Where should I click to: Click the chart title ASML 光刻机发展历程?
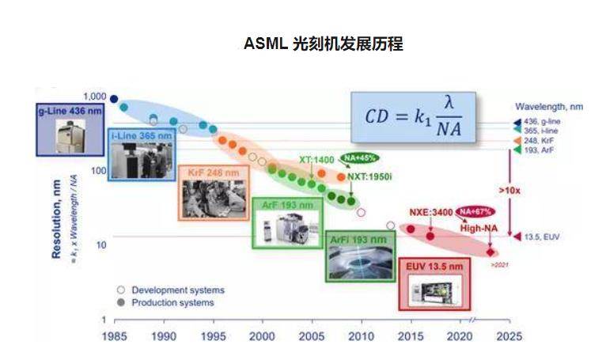324,44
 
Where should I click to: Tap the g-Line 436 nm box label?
70,112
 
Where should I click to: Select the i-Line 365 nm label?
139,135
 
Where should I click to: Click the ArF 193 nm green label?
288,205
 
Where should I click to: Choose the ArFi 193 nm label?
360,238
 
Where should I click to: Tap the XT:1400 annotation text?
316,160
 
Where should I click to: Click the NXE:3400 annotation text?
430,212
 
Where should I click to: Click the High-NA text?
480,228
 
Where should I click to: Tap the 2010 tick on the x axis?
362,336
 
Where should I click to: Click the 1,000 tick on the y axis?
95,96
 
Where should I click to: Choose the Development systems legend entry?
177,290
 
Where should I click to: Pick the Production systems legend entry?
172,302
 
